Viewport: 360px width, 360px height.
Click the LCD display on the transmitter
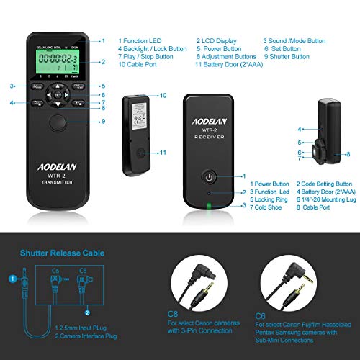[x=58, y=63]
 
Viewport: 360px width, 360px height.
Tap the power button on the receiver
[x=208, y=176]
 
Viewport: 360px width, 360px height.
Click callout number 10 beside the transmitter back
[x=163, y=95]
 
